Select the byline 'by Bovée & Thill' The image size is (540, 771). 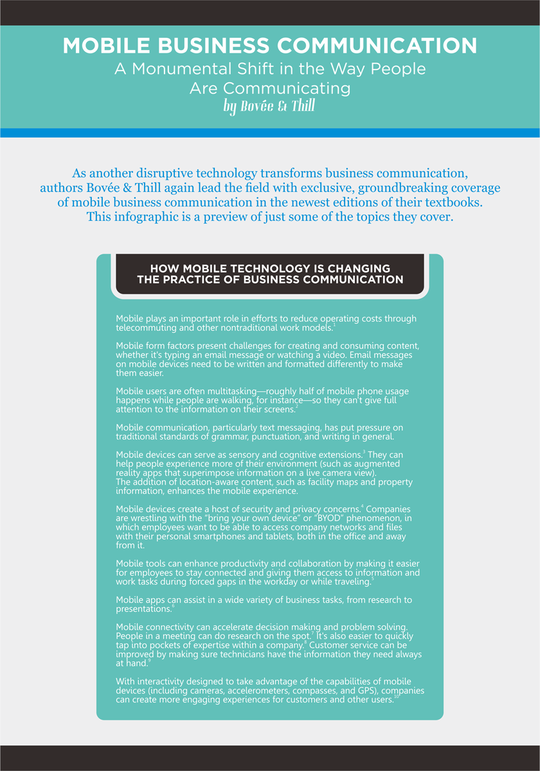click(269, 106)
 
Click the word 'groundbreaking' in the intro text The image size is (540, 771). click(358, 188)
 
